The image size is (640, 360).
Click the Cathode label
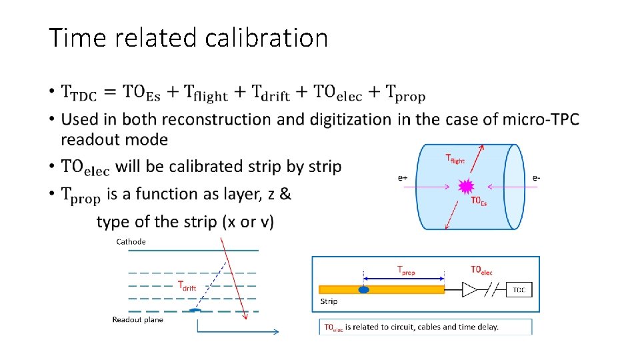[x=131, y=241]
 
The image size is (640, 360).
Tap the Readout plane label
[x=137, y=319]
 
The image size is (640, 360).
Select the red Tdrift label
[x=187, y=287]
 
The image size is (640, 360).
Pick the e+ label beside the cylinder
[x=403, y=178]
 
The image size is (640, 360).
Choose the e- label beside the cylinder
[x=536, y=178]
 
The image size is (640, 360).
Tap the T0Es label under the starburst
[x=479, y=201]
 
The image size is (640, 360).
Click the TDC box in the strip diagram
[x=519, y=290]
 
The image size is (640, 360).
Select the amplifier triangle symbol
[x=469, y=290]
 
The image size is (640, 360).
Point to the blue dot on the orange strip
[x=364, y=290]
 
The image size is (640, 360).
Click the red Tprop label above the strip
[x=405, y=270]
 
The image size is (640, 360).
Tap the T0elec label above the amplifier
[x=481, y=270]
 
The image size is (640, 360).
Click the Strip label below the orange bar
[x=329, y=301]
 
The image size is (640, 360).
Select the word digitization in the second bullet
[x=347, y=120]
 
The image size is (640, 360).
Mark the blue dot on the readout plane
[x=194, y=310]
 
